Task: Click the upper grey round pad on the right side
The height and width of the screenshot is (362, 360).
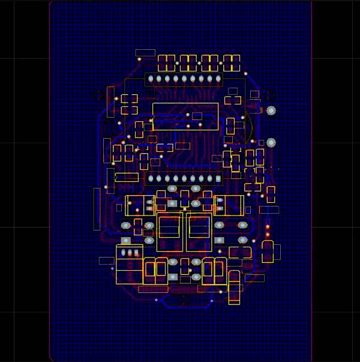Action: pyautogui.click(x=271, y=110)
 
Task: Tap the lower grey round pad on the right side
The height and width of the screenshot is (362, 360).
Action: pyautogui.click(x=271, y=142)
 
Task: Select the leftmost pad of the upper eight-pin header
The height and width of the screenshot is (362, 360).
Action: pyautogui.click(x=151, y=79)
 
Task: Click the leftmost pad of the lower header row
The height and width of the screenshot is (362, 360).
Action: pyautogui.click(x=151, y=178)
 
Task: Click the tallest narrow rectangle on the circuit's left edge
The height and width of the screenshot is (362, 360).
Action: pyautogui.click(x=97, y=209)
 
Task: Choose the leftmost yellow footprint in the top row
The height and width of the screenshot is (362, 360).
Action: pyautogui.click(x=166, y=62)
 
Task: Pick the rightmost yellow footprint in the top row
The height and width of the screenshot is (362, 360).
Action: pyautogui.click(x=232, y=62)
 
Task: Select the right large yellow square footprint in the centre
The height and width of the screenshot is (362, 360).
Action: pyautogui.click(x=199, y=232)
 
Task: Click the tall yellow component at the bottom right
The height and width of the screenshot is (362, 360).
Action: pyautogui.click(x=235, y=288)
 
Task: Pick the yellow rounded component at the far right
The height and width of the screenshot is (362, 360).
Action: pyautogui.click(x=268, y=251)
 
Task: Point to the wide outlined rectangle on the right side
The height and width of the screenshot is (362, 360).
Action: pyautogui.click(x=269, y=210)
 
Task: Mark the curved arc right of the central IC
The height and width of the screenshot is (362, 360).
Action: pyautogui.click(x=247, y=127)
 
